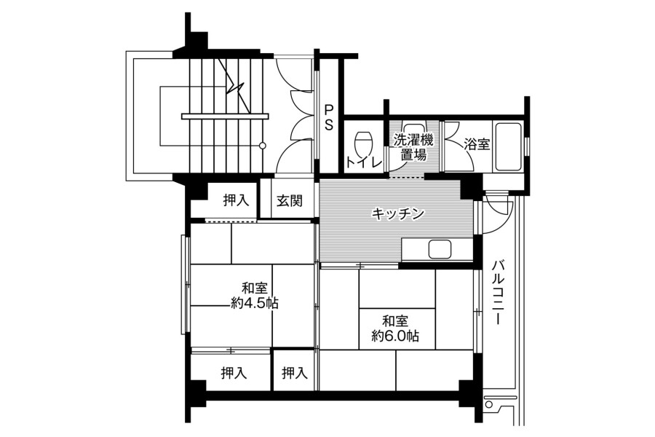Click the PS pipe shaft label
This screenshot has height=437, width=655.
(329, 117)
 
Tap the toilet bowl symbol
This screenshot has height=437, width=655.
(363, 143)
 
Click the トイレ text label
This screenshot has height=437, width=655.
(364, 162)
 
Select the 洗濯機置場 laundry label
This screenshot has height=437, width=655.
(413, 147)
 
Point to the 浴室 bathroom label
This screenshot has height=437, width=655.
(477, 145)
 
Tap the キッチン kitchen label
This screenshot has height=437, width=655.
(398, 213)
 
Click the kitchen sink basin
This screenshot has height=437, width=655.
(440, 250)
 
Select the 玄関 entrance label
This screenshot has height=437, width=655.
(289, 201)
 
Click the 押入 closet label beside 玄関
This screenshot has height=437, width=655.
(236, 200)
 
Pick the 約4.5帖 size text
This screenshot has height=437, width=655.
(255, 303)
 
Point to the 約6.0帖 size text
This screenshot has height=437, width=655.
(395, 335)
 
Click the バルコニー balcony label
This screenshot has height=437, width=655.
(497, 292)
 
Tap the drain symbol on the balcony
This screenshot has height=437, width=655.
(489, 405)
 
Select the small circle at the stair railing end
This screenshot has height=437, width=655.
(262, 146)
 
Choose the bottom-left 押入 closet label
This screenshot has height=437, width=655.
(234, 373)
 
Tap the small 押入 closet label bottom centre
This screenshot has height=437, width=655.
(295, 373)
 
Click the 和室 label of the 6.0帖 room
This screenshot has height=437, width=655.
(395, 321)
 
